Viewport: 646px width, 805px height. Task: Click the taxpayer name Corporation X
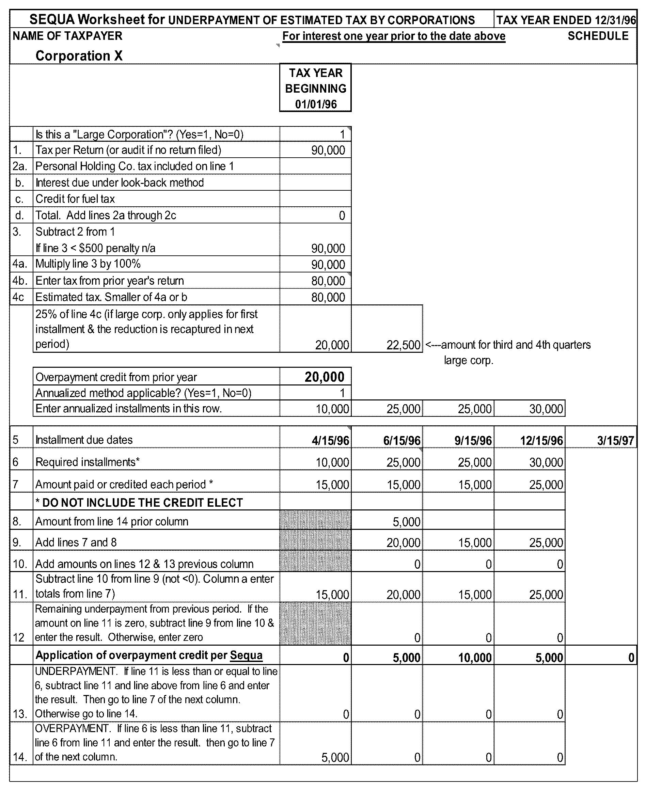coord(79,56)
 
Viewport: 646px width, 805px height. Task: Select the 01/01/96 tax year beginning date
coord(316,104)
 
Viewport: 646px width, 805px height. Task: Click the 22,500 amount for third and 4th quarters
coord(403,345)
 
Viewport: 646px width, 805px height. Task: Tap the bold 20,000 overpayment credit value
coord(324,377)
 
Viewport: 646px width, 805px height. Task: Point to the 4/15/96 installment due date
coord(330,441)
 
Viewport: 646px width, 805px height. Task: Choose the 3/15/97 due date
coord(615,441)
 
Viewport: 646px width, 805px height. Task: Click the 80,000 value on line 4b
coord(328,281)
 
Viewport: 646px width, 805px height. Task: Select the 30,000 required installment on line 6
coord(546,463)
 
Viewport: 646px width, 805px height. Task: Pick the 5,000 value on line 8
coord(406,522)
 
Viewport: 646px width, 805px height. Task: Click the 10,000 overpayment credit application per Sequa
coord(475,658)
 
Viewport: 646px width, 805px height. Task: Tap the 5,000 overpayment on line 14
coord(335,757)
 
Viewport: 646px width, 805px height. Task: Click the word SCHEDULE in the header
coord(598,36)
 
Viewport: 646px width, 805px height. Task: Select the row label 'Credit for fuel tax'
coord(75,199)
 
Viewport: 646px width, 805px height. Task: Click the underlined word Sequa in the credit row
coord(246,656)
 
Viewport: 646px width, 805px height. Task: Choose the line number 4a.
coord(19,264)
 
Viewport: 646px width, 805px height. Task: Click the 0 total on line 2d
coord(342,216)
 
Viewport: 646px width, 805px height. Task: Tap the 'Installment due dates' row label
coord(84,440)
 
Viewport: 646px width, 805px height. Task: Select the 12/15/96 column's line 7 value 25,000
coord(546,485)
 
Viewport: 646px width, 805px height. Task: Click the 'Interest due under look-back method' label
coord(120,183)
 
